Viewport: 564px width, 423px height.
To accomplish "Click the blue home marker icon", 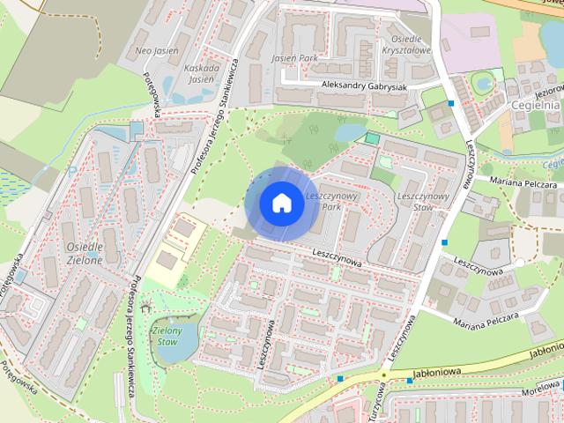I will tap(280, 203).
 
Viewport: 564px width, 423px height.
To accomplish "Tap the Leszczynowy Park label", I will tap(322, 200).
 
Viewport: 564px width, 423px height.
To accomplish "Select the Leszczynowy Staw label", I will tap(424, 201).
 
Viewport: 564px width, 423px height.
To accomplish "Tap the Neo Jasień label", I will tap(158, 51).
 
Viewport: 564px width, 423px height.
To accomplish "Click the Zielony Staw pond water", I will tap(169, 350).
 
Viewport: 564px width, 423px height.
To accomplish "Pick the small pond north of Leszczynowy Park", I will tap(350, 132).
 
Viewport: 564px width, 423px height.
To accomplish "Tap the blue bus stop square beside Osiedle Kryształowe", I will tap(451, 103).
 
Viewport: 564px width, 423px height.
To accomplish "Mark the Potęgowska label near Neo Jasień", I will tap(151, 94).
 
